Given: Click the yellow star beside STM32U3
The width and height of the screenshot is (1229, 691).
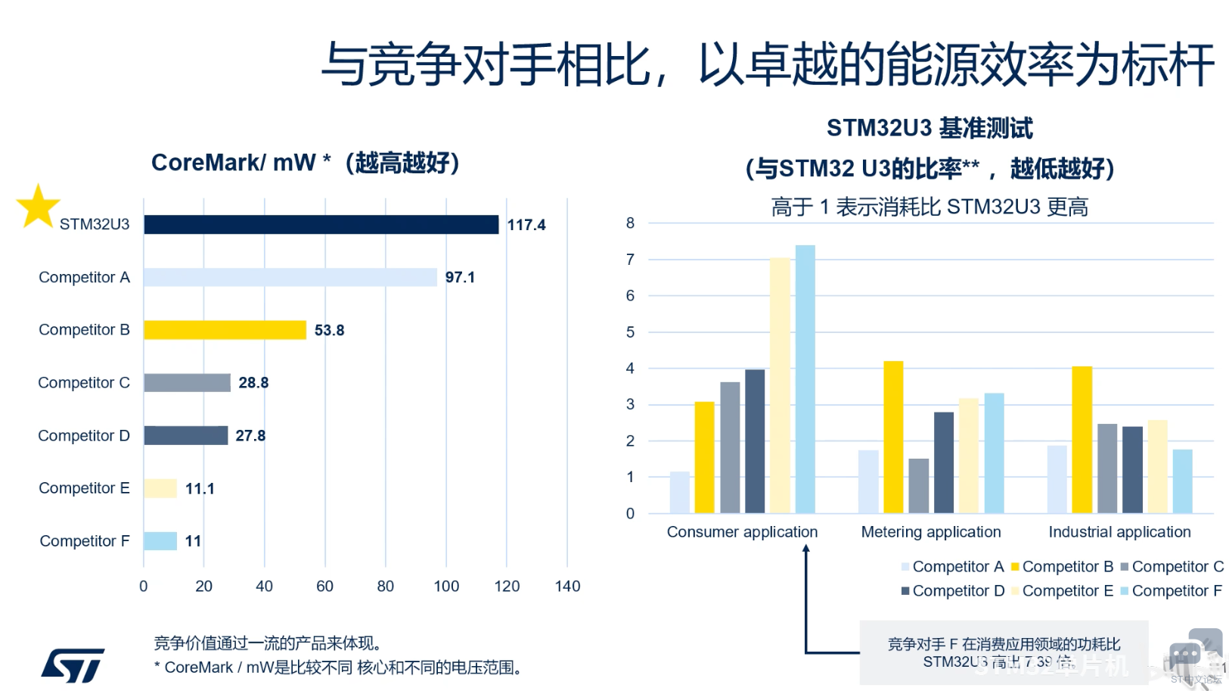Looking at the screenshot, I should click(38, 207).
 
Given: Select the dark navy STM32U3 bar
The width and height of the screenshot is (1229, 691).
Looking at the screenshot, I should click(321, 225).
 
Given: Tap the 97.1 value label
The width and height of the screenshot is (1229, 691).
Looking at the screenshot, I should click(460, 278).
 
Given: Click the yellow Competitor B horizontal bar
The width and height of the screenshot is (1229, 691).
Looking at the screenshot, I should click(225, 330).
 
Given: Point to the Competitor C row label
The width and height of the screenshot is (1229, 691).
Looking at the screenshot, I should click(84, 383).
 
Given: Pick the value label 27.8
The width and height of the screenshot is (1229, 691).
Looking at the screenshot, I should click(250, 436).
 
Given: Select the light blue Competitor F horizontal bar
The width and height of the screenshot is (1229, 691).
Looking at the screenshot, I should click(160, 541).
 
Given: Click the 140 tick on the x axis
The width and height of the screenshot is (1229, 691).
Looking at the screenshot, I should click(567, 587).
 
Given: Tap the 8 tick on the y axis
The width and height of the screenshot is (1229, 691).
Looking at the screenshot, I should click(630, 223).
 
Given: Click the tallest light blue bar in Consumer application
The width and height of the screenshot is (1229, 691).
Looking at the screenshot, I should click(805, 378).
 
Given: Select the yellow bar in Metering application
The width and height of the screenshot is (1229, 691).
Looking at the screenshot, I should click(893, 437).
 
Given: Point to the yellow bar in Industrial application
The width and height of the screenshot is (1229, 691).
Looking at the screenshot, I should click(1082, 439).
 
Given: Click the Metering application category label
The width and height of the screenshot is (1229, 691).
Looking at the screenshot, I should click(931, 532).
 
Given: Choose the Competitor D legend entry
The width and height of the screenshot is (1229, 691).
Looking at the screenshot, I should click(952, 591).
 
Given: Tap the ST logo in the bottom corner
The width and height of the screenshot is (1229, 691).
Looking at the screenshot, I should click(73, 665).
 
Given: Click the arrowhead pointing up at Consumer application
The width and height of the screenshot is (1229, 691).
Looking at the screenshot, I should click(806, 549).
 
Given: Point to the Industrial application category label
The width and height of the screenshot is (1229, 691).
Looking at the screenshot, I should click(1119, 532).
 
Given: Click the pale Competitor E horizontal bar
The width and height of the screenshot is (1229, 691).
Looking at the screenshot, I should click(160, 488).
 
